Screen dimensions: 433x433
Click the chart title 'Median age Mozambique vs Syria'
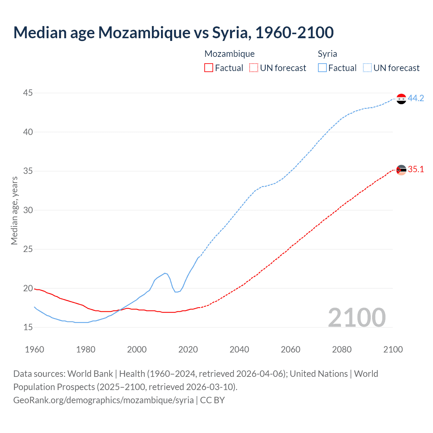pos(173,32)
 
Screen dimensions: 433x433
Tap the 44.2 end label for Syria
pos(416,98)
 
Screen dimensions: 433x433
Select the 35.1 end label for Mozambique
pos(416,169)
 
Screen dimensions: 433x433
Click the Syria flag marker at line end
pos(401,99)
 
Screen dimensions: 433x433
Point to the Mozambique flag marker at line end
pos(401,170)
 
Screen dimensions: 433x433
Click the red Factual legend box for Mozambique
pos(209,68)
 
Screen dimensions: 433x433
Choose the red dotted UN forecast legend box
pos(254,68)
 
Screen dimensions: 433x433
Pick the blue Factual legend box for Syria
pos(322,68)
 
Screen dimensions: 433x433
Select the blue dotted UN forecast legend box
pos(367,68)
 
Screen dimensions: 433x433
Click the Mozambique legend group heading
pos(229,54)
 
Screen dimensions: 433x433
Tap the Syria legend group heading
pos(327,54)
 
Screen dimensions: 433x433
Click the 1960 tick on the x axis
pos(35,349)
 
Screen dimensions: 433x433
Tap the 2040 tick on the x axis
pos(239,349)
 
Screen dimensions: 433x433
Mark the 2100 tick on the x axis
pos(393,349)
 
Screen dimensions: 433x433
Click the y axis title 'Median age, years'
pos(14,210)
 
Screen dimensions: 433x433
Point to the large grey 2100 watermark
pos(357,317)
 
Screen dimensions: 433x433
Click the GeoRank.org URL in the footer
pos(104,400)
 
